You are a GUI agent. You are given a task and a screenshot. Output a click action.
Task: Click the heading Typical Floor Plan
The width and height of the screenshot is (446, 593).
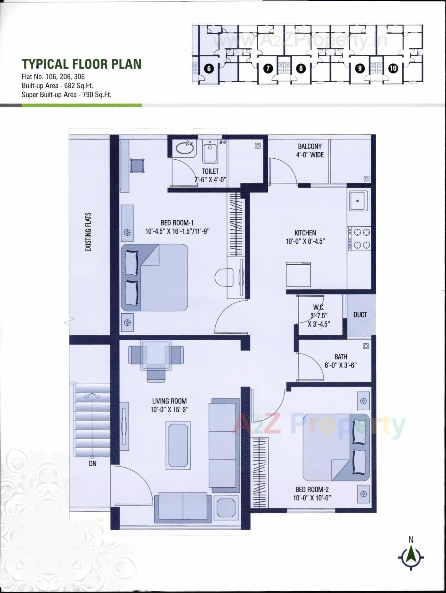[82, 64]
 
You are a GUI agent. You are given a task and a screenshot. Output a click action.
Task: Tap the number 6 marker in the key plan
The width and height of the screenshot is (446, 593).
[209, 68]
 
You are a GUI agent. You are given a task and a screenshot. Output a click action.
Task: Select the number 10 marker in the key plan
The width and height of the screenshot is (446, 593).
[393, 68]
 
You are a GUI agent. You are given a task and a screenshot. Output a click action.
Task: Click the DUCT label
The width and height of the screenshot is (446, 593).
[360, 315]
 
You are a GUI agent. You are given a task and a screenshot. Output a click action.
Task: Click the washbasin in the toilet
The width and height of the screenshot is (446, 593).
[185, 148]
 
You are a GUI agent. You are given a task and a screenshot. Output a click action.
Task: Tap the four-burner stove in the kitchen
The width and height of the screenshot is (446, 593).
[360, 238]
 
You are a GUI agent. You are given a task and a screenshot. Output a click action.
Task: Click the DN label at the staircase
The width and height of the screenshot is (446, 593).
[92, 464]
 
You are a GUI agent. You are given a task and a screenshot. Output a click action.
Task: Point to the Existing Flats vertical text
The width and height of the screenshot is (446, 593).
[88, 232]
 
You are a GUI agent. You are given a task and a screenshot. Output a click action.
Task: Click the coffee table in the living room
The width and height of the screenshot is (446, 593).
[179, 445]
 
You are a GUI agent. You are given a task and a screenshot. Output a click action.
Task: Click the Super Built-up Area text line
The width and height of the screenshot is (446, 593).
[67, 94]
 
